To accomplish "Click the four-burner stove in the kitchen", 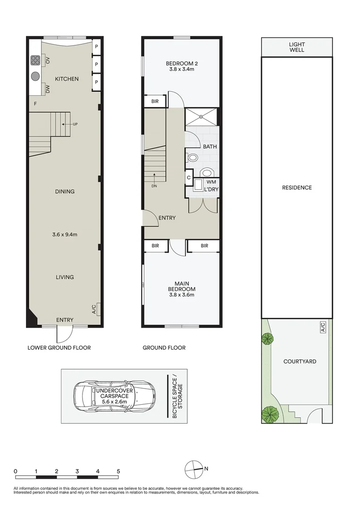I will (35, 60).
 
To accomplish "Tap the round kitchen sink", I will (35, 76).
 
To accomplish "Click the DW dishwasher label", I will (48, 88).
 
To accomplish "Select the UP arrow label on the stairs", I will (75, 124).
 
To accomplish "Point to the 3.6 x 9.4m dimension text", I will (65, 234).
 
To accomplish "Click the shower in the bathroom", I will (202, 117).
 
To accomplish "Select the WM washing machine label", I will (212, 182).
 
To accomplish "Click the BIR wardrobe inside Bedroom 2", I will (155, 102).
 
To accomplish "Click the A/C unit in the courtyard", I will (323, 326).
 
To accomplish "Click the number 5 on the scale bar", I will (118, 471).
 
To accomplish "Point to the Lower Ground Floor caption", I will (59, 348).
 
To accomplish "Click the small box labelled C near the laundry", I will (189, 178).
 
